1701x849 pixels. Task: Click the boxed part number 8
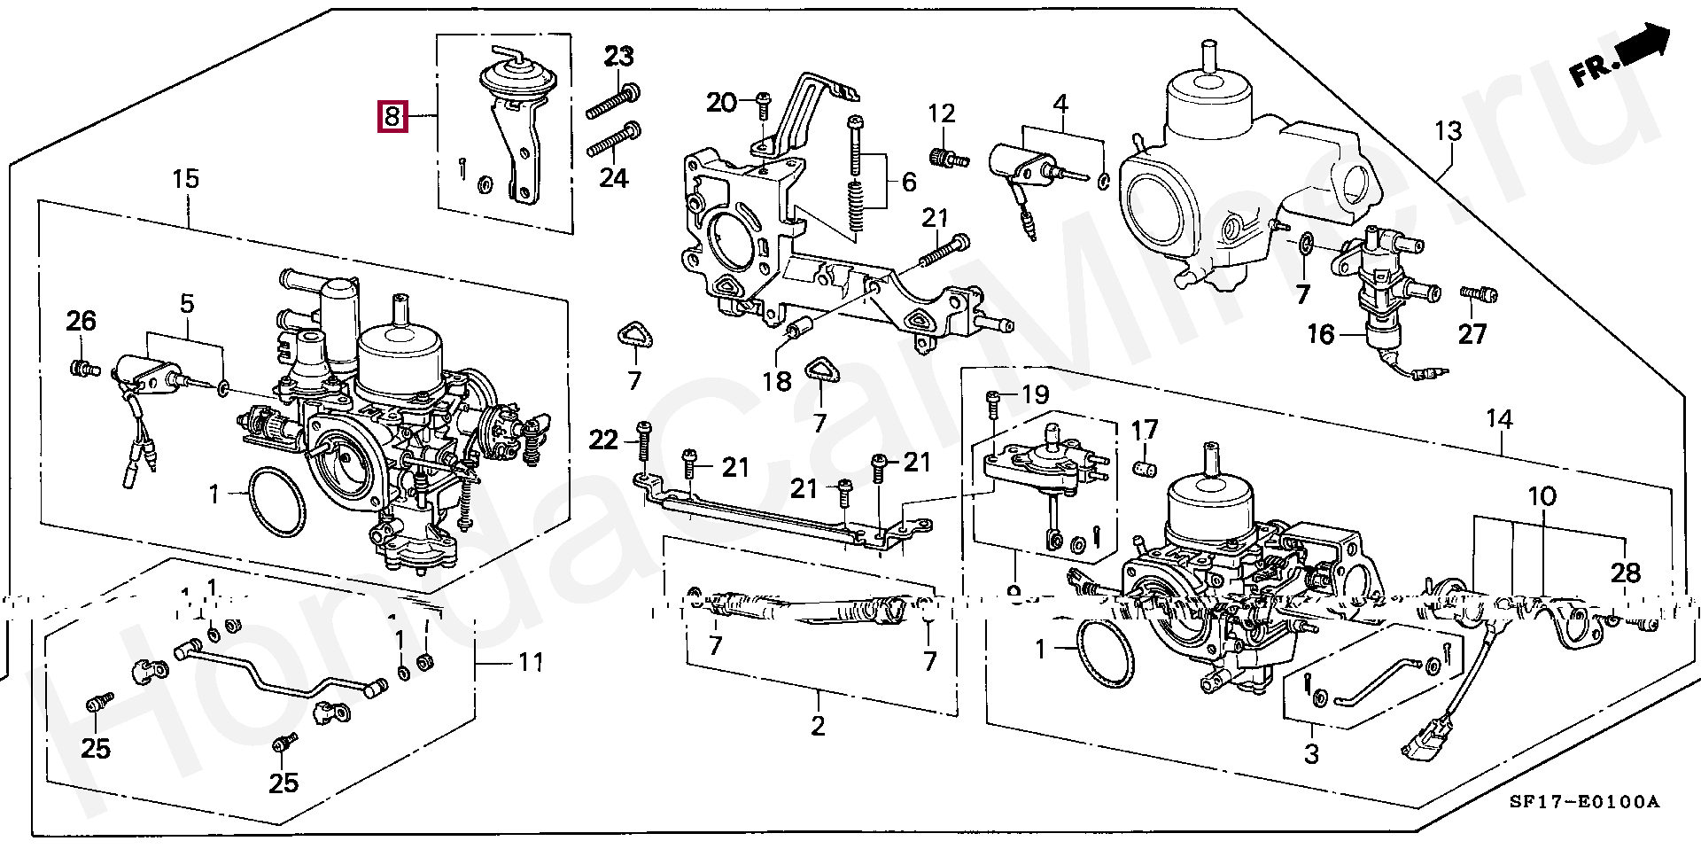[392, 116]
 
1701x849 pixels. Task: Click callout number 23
[619, 58]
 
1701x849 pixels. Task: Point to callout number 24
[613, 178]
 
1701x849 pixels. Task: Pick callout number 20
[722, 103]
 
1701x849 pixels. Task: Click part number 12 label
[942, 113]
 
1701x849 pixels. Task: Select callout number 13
[1448, 133]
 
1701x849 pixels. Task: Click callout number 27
[1472, 334]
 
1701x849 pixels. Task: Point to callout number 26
[81, 320]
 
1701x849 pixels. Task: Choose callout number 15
[185, 179]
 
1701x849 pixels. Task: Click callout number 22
[604, 440]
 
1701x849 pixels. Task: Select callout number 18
[777, 381]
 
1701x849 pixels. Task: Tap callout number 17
[1144, 431]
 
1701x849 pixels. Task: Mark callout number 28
[1626, 573]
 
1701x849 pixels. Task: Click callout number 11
[531, 661]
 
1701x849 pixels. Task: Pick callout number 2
[818, 726]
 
